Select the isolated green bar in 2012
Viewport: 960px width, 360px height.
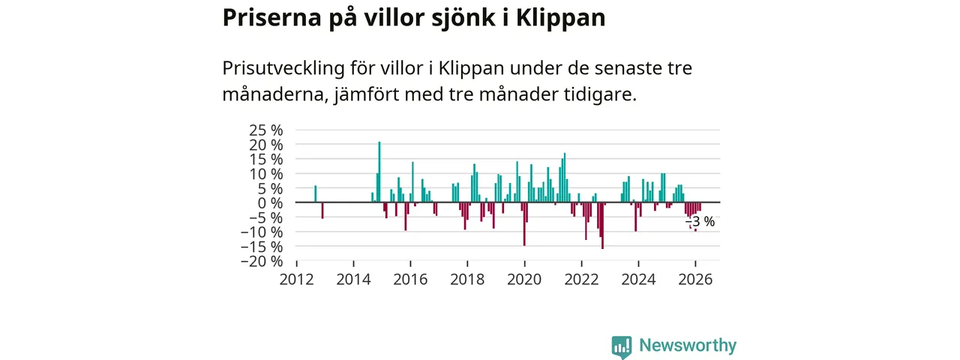315,194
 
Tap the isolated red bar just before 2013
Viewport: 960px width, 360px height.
322,210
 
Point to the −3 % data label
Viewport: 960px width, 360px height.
700,222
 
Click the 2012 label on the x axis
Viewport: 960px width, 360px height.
297,280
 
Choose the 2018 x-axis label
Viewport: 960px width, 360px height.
467,280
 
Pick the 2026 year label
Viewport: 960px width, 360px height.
695,280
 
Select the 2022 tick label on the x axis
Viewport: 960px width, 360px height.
581,280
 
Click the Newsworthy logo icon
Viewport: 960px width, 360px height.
621,346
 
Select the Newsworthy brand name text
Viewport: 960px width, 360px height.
688,346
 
